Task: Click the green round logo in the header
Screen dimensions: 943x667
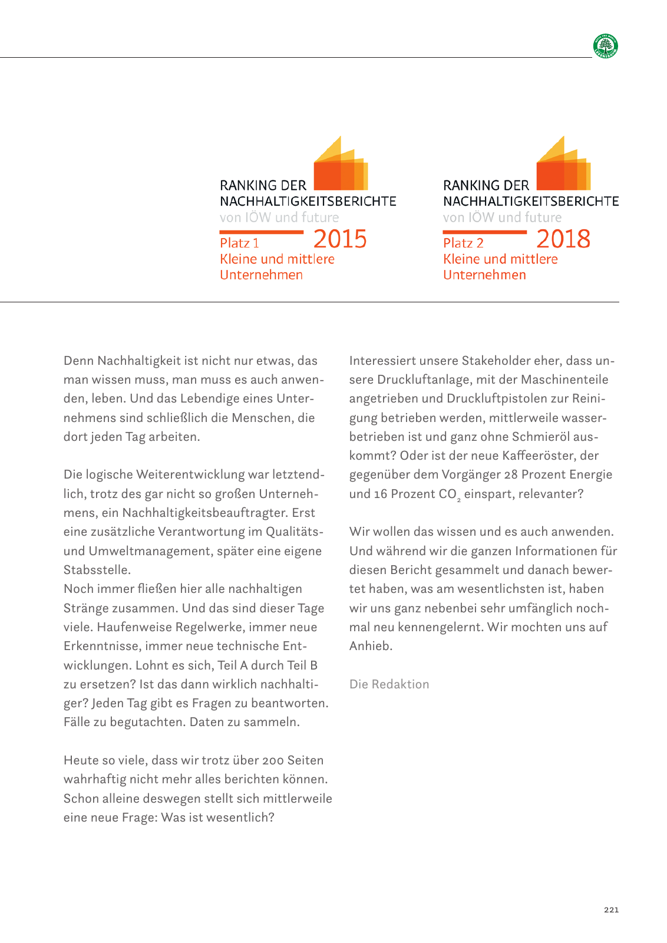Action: point(606,46)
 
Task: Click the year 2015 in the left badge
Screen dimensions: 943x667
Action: point(340,239)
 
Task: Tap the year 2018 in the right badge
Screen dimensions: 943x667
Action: point(563,239)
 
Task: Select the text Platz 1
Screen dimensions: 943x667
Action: point(239,243)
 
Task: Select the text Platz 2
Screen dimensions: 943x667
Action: point(463,243)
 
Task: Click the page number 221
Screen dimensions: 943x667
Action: point(611,910)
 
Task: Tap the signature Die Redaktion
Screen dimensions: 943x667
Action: point(389,684)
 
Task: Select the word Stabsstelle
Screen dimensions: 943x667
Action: point(97,570)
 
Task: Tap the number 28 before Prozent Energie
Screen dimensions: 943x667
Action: point(511,474)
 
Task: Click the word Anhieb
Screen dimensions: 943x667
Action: point(371,646)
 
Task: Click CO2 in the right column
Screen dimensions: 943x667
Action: point(450,494)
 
